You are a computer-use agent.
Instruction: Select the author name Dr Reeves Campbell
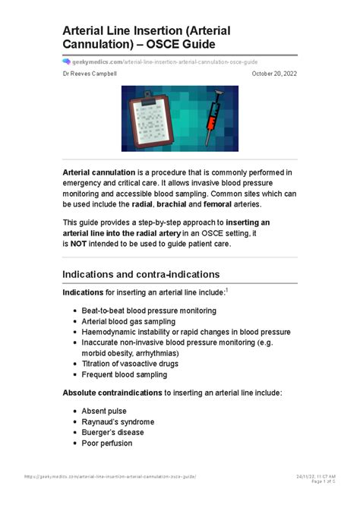click(x=90, y=74)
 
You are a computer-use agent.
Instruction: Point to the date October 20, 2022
click(x=274, y=74)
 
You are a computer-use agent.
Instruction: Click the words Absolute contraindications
click(x=112, y=393)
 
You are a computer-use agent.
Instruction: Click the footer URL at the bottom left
click(x=109, y=476)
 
